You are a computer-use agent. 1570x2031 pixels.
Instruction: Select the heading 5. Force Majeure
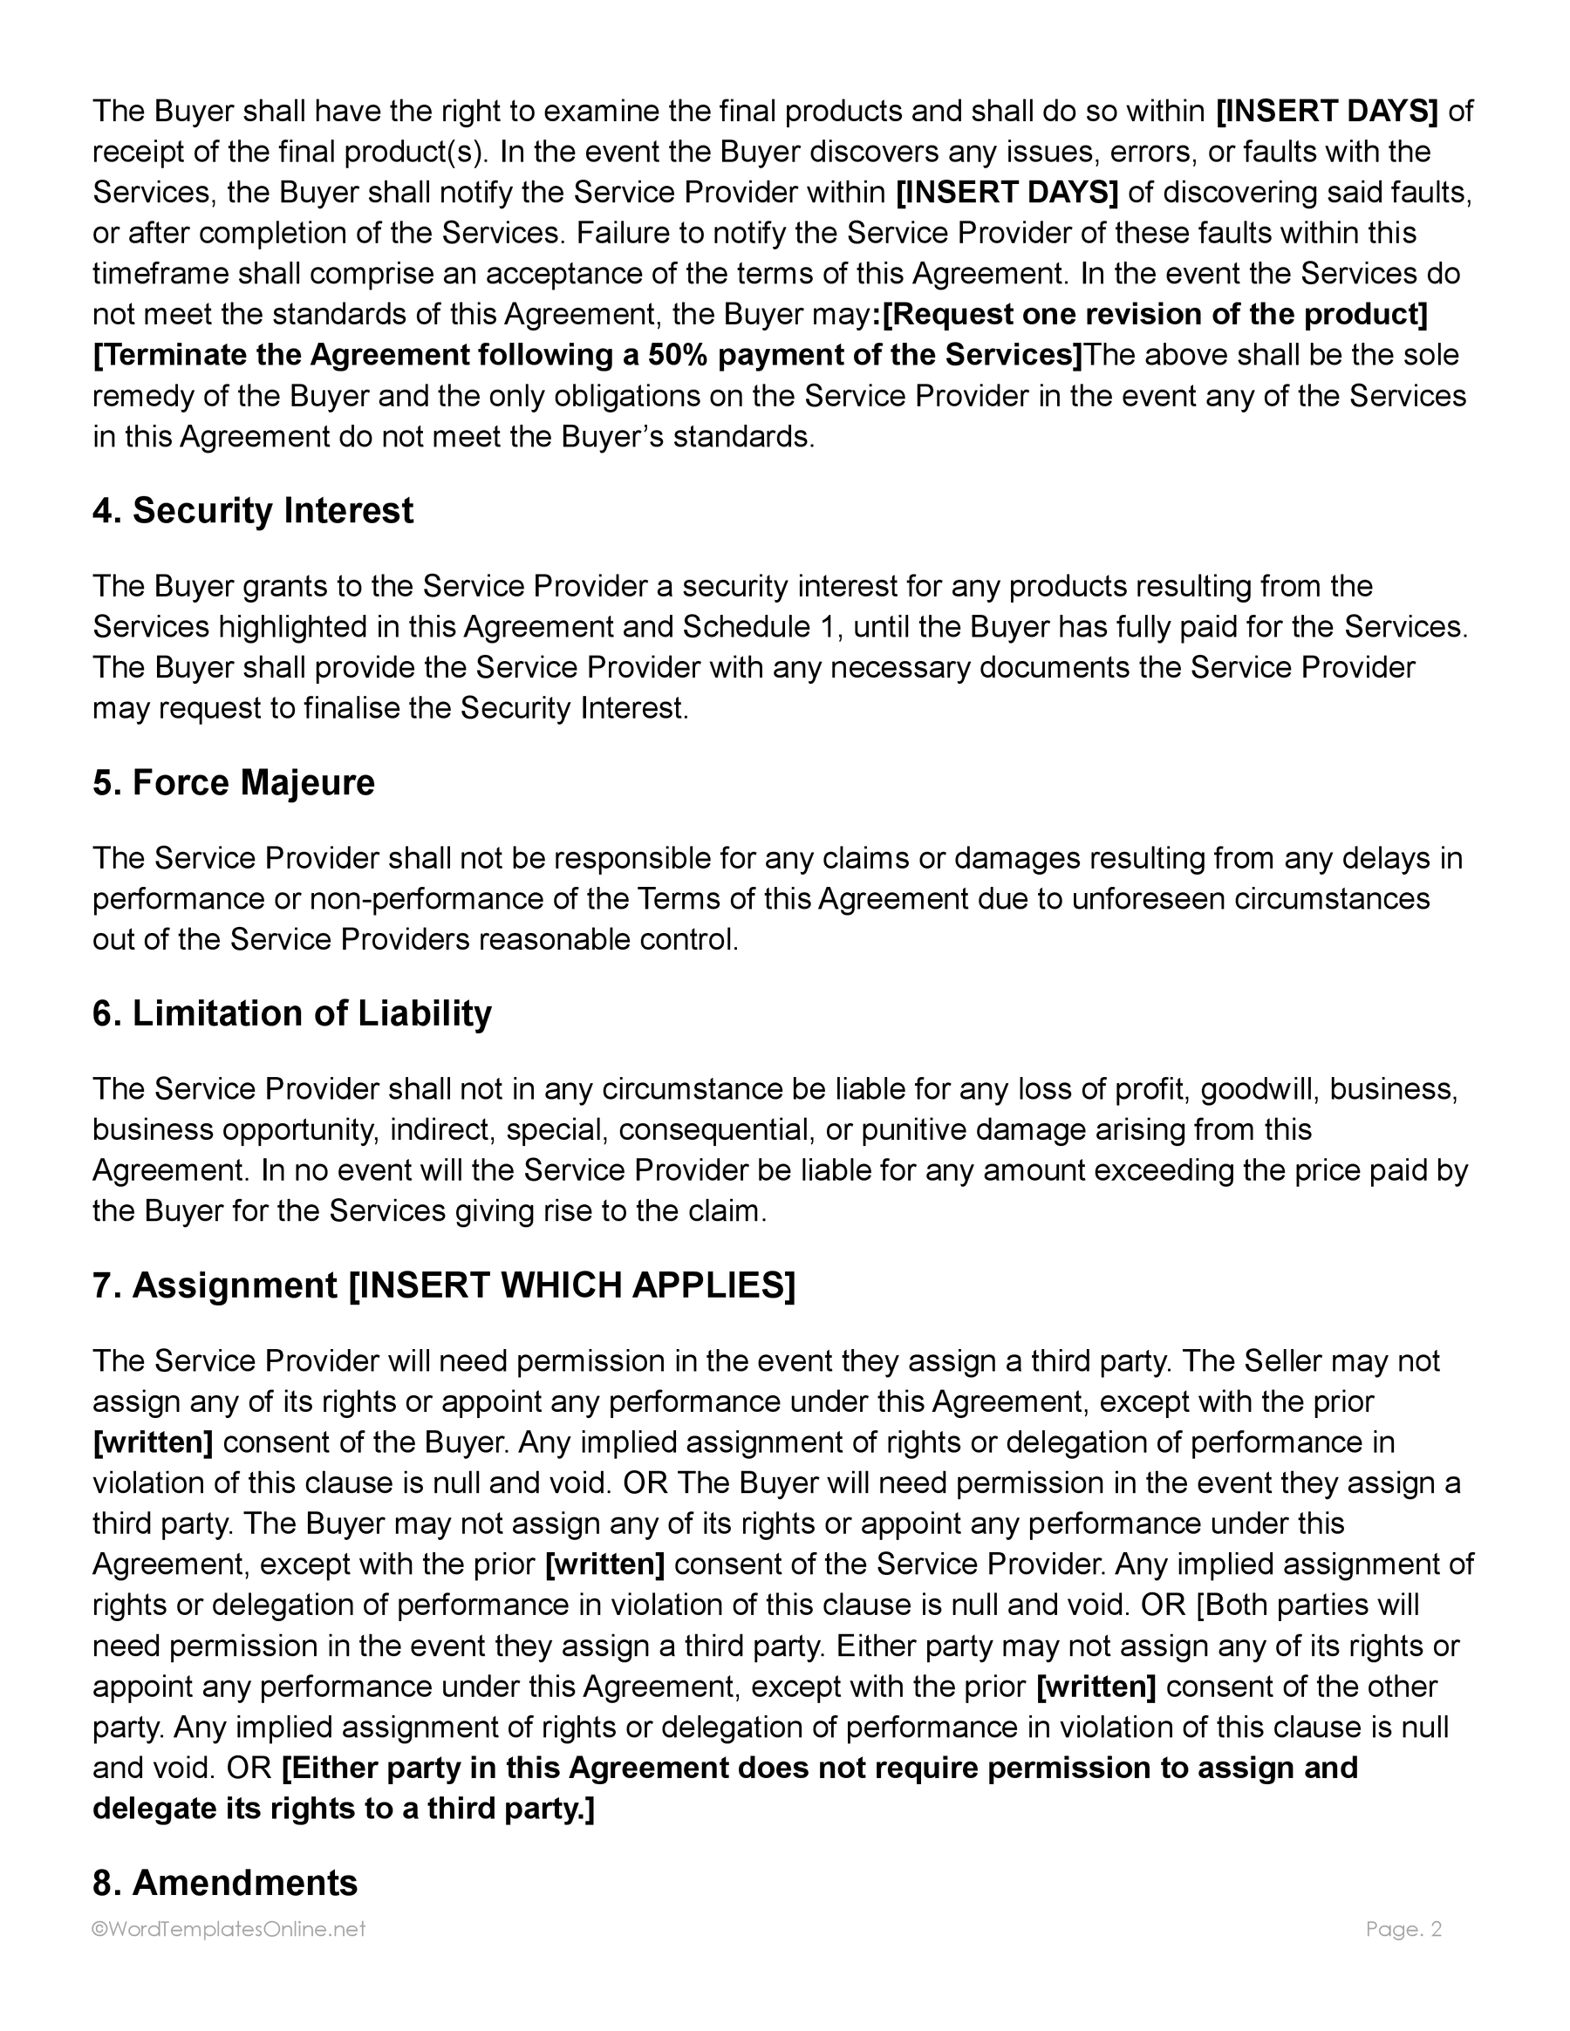[x=234, y=783]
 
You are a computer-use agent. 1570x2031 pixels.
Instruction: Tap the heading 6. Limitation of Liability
[x=291, y=1013]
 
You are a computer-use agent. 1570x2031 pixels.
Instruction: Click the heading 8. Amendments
[x=225, y=1883]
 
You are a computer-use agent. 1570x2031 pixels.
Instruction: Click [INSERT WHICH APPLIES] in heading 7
[x=571, y=1286]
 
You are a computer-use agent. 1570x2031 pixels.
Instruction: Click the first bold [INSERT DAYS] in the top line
[x=1328, y=112]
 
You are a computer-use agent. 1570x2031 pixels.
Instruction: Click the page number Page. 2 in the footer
[x=1403, y=1930]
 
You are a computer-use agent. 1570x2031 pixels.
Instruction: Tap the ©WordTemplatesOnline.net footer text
[x=229, y=1930]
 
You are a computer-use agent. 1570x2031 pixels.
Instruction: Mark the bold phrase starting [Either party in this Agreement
[x=818, y=1768]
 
